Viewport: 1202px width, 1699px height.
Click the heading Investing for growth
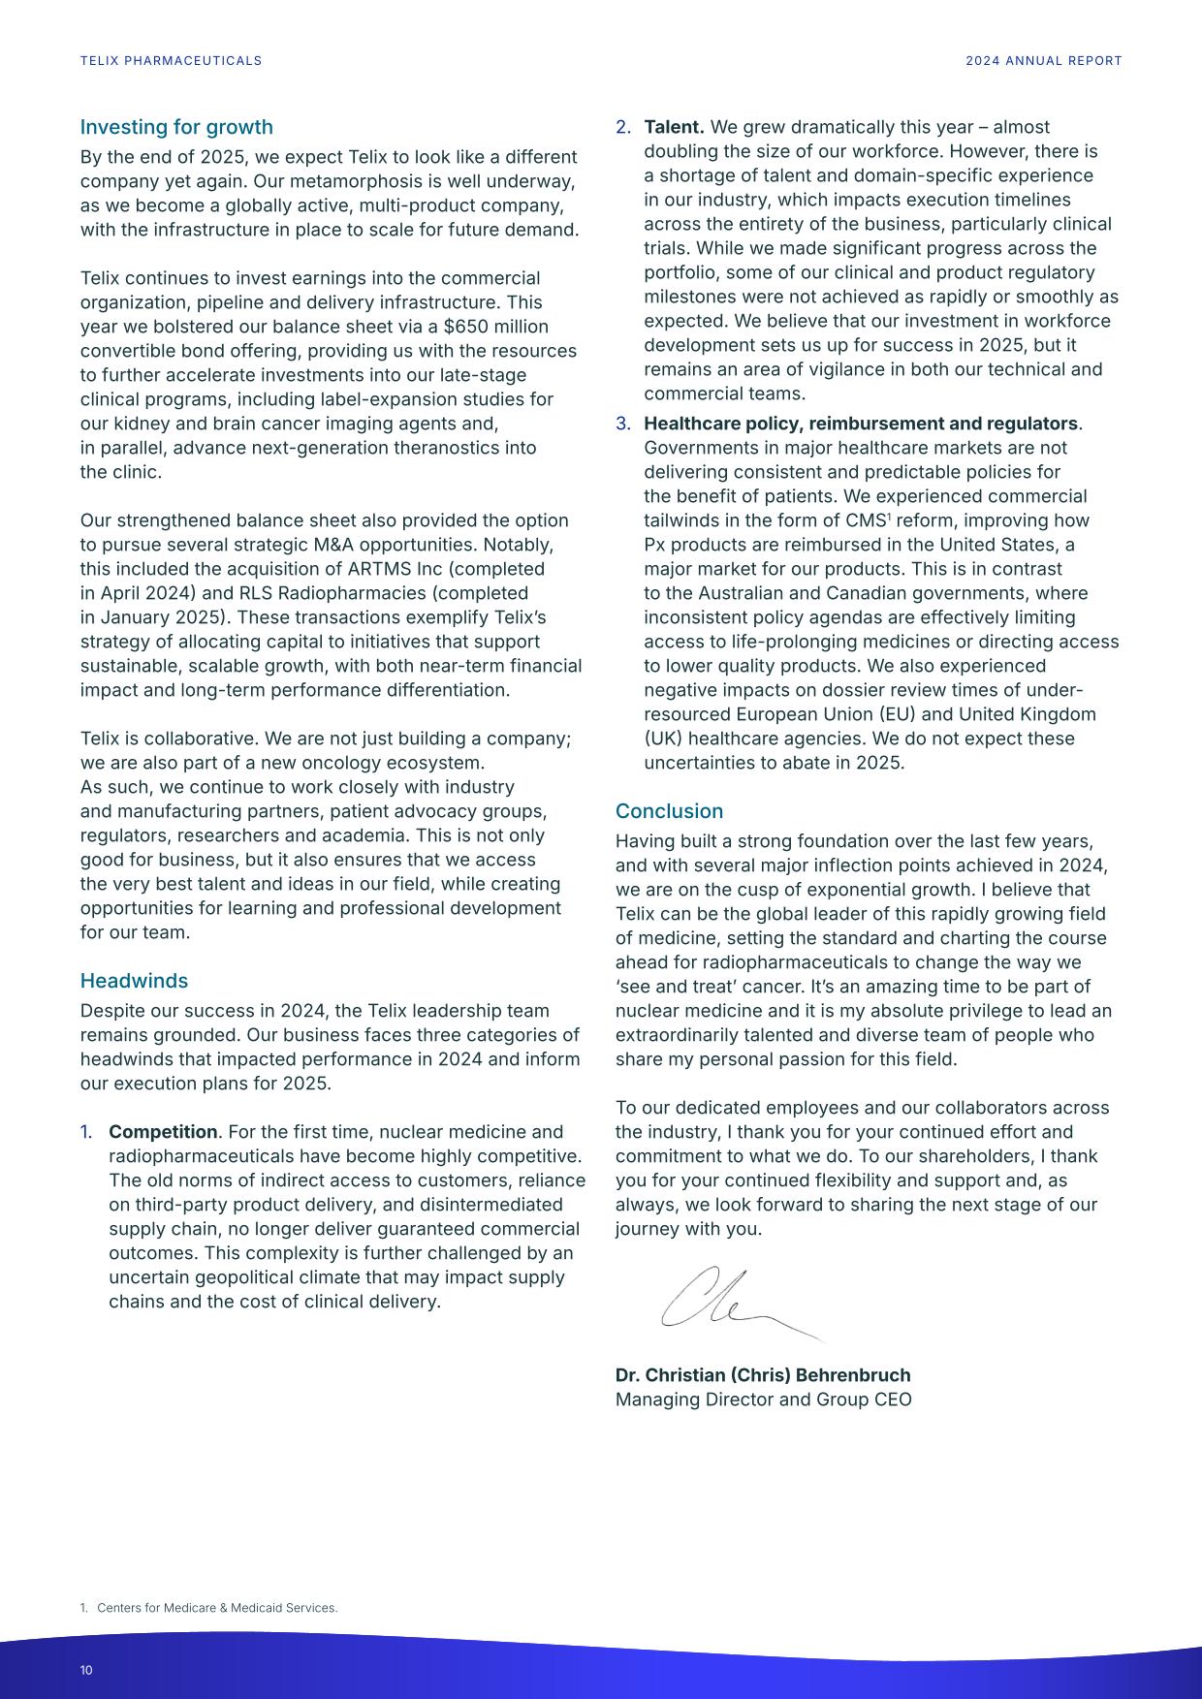click(x=176, y=127)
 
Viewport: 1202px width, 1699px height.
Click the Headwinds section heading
click(x=134, y=981)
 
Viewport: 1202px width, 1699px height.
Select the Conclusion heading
click(x=669, y=811)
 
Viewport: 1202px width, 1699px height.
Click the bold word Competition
click(x=163, y=1132)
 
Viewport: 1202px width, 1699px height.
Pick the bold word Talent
click(x=674, y=127)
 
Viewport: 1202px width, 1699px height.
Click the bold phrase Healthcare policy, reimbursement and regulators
click(x=861, y=424)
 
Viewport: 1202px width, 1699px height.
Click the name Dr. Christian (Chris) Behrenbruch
click(x=763, y=1375)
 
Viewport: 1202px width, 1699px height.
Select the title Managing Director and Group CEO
click(x=763, y=1400)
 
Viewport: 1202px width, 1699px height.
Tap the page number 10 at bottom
click(x=86, y=1670)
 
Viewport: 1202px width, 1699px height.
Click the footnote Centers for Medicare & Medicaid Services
click(x=217, y=1608)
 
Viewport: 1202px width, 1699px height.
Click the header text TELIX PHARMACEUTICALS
click(x=171, y=61)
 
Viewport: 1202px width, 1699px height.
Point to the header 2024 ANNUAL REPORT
click(x=1043, y=61)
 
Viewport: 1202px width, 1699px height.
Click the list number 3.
click(x=622, y=424)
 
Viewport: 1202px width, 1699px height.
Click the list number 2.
click(x=622, y=127)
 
